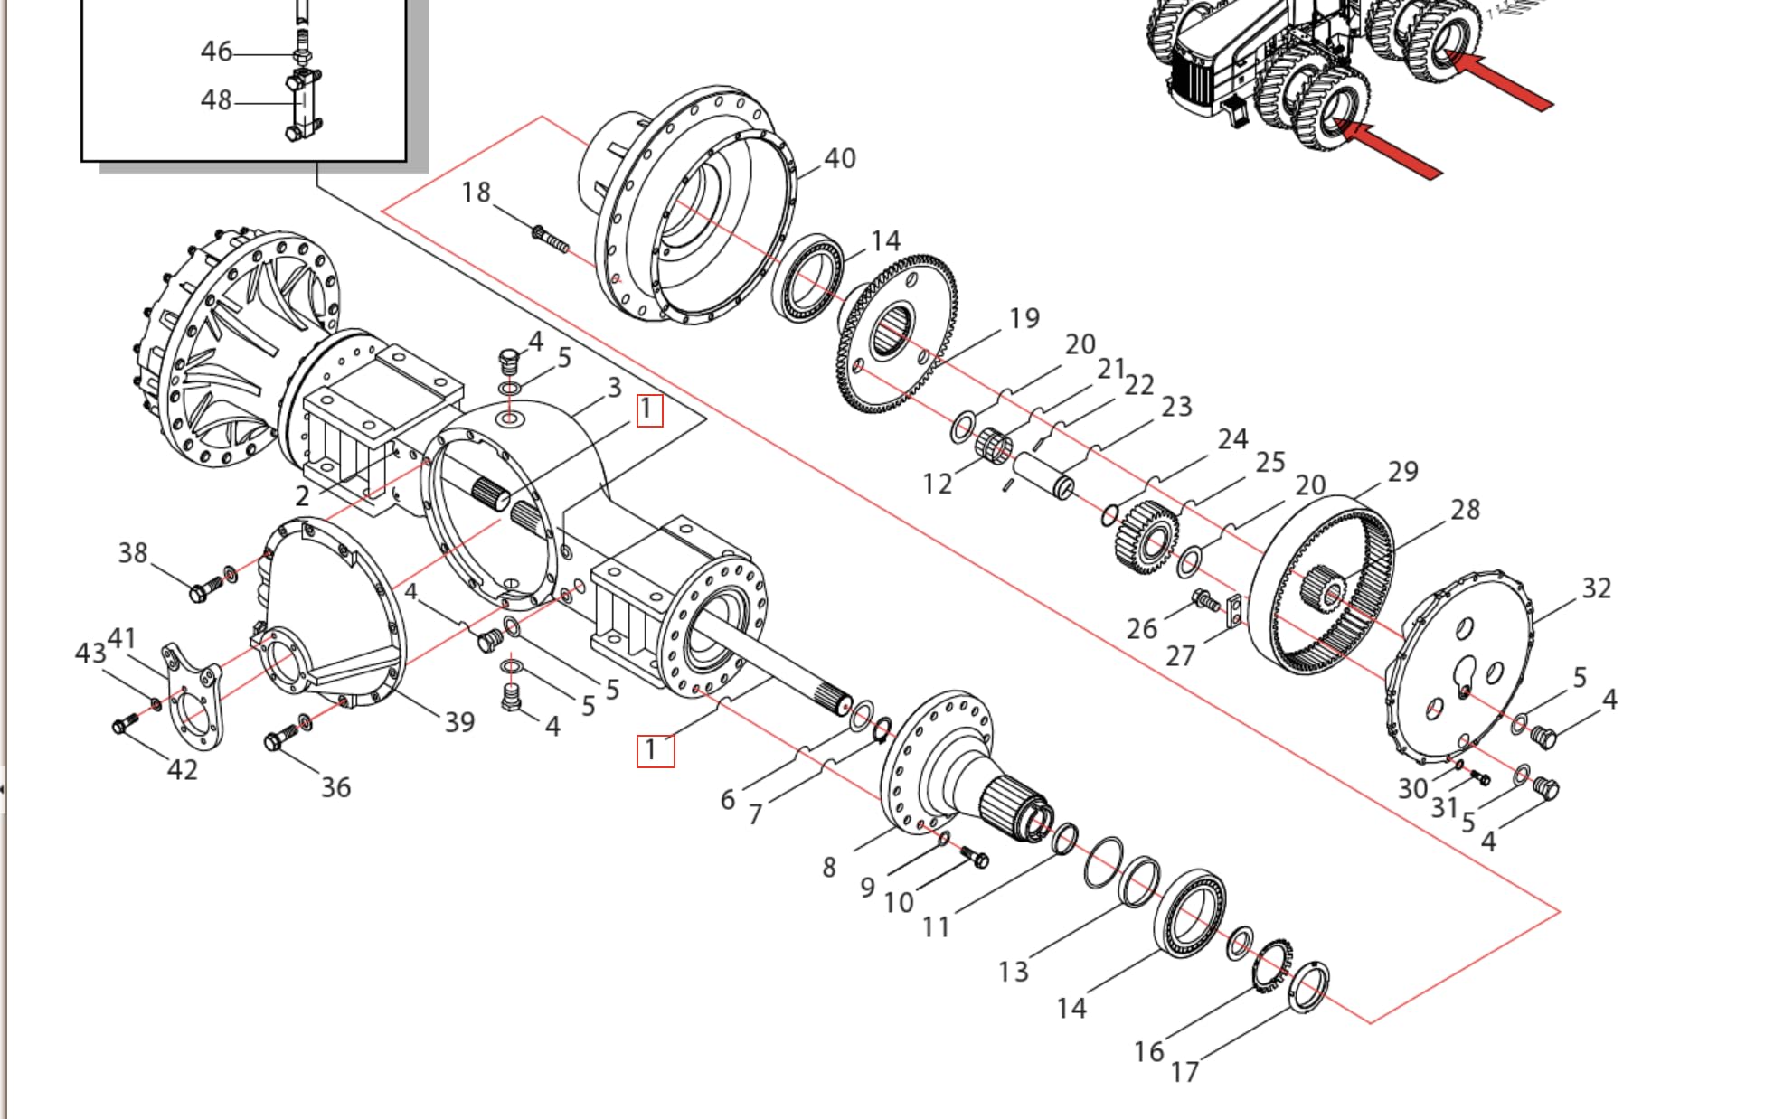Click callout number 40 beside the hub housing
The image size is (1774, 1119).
click(839, 159)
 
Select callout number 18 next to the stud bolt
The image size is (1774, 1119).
click(476, 193)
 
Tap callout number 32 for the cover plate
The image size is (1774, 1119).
click(1596, 588)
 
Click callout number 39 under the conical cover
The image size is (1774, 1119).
click(459, 721)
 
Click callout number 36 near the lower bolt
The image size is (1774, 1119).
click(335, 787)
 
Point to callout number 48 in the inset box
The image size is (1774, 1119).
click(216, 100)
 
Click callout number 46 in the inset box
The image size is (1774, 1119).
click(216, 52)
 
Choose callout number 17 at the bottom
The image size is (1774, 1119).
click(1184, 1072)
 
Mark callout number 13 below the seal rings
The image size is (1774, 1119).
click(1013, 972)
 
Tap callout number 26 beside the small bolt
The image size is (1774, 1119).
click(1141, 628)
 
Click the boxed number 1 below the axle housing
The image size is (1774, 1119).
click(655, 750)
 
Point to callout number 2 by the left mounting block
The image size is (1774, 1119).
click(302, 496)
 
